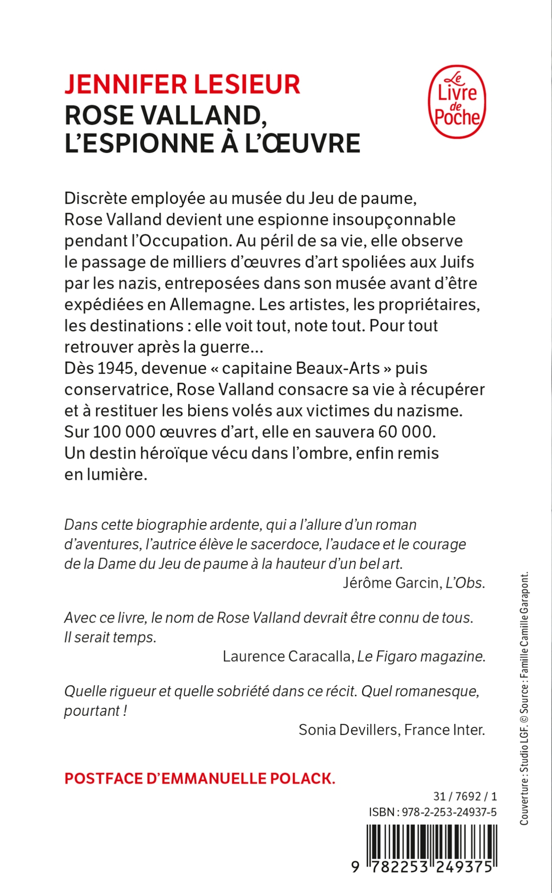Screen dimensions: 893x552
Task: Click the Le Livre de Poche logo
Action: coord(457,102)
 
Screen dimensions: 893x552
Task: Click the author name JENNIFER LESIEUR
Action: coord(182,84)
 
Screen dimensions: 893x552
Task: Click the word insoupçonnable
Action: coord(394,220)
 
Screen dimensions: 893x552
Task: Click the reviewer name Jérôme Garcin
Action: coord(390,583)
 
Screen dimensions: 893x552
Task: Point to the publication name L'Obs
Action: coord(464,583)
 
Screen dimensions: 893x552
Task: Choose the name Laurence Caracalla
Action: coord(287,656)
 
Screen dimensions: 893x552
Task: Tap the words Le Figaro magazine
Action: coord(421,656)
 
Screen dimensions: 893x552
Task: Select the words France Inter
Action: coord(444,730)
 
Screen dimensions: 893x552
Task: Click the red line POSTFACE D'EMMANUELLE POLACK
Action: coord(200,779)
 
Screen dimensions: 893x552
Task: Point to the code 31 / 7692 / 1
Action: coord(465,796)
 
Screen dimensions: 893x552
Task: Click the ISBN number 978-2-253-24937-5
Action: coord(449,812)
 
